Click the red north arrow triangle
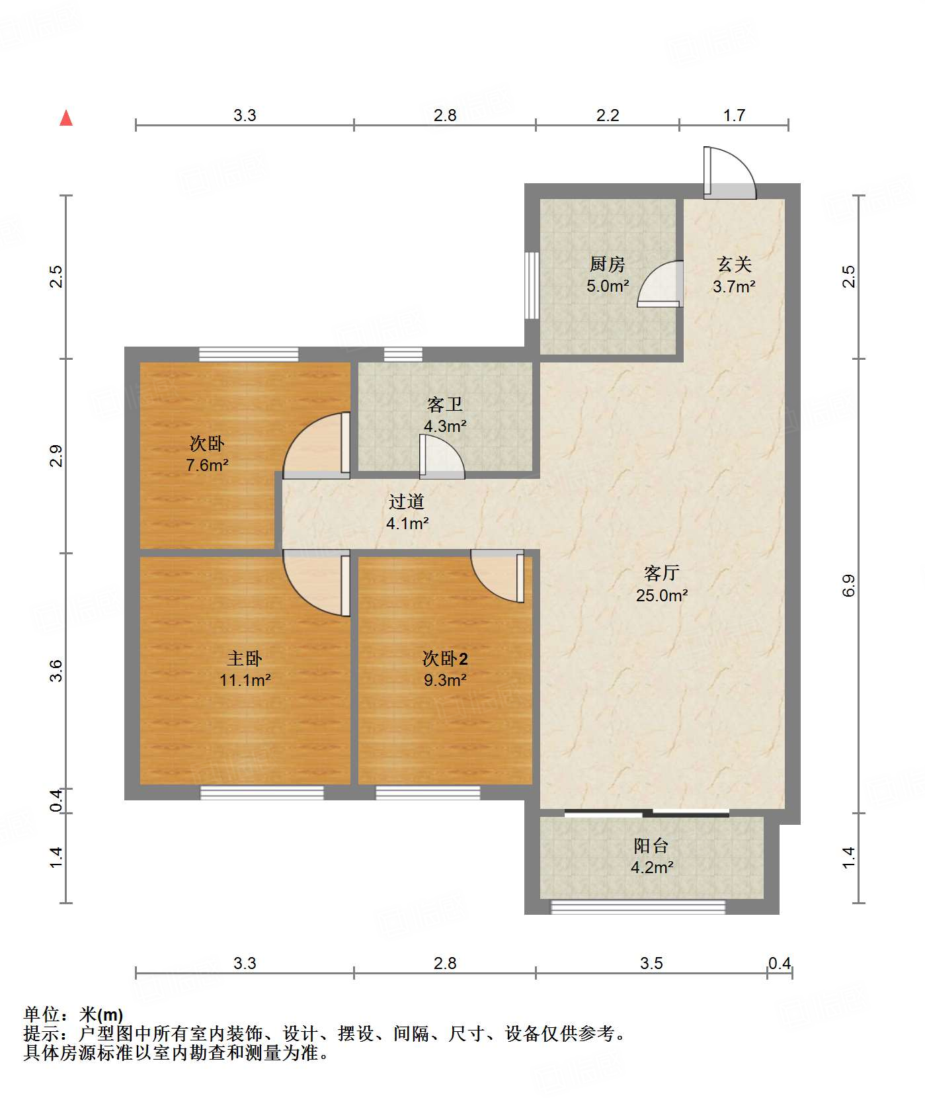coord(66,118)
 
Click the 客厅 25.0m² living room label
coord(662,584)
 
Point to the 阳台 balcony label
coord(652,856)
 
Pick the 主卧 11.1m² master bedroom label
coord(245,669)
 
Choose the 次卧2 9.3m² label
coord(445,669)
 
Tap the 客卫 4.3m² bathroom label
coord(445,415)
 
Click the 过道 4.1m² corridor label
coord(407,512)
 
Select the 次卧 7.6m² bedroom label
coord(207,454)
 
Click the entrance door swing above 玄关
coord(729,173)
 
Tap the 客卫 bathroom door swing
coord(442,456)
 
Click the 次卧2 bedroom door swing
coord(497,575)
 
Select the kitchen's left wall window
coord(532,285)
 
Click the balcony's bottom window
coord(638,907)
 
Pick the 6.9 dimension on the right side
coord(849,585)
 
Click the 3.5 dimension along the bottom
coord(651,963)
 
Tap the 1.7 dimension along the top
coord(734,115)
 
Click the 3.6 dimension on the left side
coord(56,670)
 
